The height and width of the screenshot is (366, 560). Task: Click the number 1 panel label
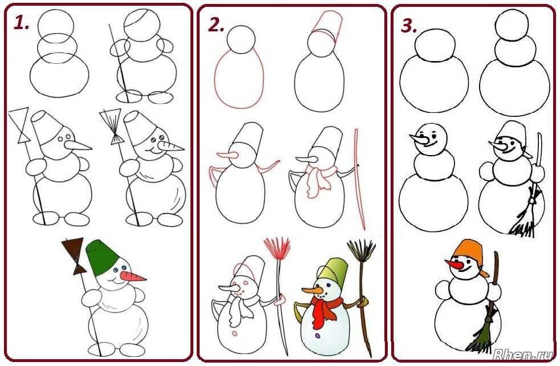tap(21, 23)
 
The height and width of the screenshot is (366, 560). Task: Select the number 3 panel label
tap(409, 26)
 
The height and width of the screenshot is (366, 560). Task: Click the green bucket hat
tap(102, 257)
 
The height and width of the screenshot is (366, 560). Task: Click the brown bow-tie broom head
tap(74, 255)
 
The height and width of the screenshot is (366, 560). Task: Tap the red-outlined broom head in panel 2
tap(277, 247)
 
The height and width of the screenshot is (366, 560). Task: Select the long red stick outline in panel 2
tap(360, 178)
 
